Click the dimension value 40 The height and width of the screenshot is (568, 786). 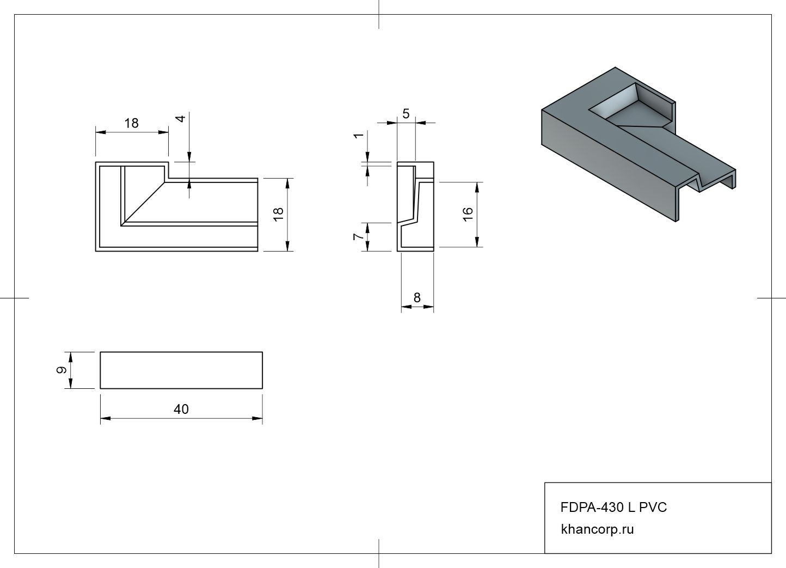pos(181,409)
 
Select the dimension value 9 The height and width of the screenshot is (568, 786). pos(62,370)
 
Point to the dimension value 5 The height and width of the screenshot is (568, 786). pos(406,114)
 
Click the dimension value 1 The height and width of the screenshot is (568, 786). pos(358,135)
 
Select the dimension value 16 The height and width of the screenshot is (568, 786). pos(468,213)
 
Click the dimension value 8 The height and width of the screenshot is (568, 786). pos(417,298)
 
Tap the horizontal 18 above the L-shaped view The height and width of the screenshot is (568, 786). pos(131,123)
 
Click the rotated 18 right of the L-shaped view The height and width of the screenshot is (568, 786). pos(279,213)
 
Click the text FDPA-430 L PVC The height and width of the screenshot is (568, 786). pos(613,508)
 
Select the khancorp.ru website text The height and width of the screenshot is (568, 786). pos(597,529)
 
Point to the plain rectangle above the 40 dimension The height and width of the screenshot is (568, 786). pos(181,370)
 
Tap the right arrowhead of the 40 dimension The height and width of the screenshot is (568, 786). pos(258,418)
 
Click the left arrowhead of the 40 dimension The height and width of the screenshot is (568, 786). pos(105,418)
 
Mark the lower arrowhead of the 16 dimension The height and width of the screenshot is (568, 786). pos(477,242)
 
